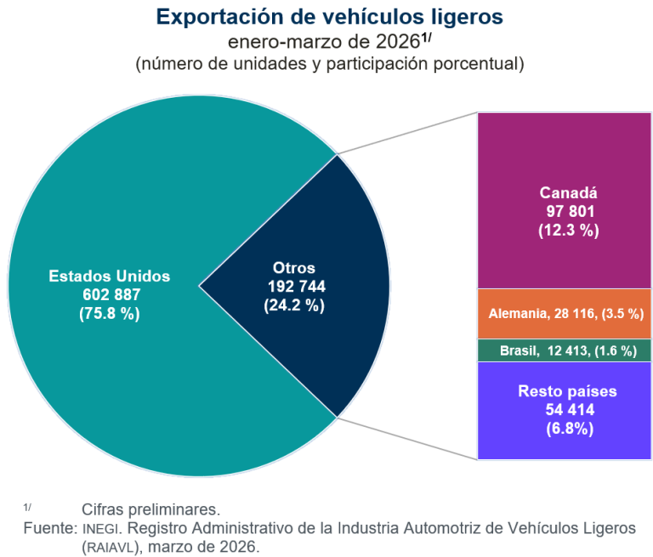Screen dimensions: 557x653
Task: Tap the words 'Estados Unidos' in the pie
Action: point(110,276)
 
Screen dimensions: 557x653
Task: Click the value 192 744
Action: point(296,287)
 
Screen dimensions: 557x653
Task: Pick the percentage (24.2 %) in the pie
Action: point(296,304)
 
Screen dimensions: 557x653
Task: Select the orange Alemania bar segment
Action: point(565,314)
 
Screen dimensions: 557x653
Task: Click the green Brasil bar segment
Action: point(565,350)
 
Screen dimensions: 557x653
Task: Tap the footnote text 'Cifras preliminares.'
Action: point(150,510)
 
